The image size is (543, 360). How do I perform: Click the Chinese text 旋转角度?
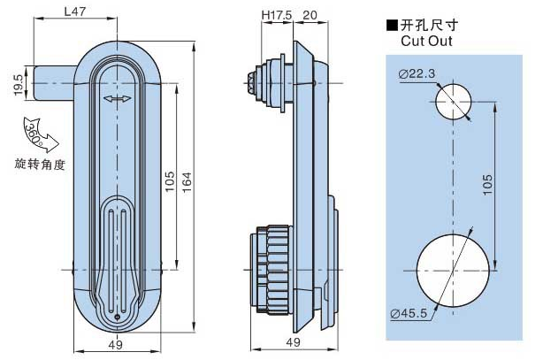point(40,164)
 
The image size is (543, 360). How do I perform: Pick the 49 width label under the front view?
point(116,344)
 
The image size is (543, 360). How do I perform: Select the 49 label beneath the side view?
point(294,344)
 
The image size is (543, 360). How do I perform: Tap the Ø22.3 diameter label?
point(417,74)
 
